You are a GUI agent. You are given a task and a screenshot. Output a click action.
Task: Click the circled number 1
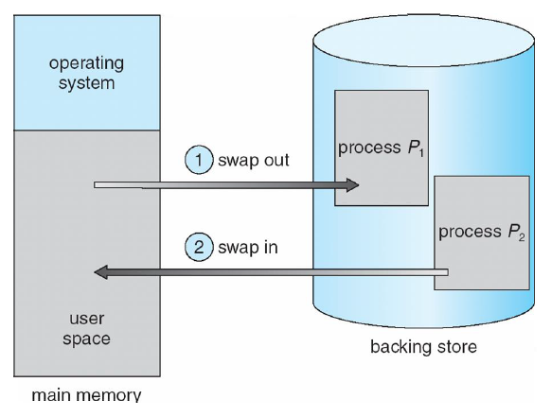(x=199, y=160)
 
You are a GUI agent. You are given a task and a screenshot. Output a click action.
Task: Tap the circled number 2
(x=199, y=247)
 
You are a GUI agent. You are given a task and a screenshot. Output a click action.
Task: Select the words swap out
(x=254, y=161)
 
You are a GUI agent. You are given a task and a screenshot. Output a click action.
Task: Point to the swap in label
(x=248, y=248)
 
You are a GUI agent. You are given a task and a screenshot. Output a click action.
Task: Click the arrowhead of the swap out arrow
(x=352, y=185)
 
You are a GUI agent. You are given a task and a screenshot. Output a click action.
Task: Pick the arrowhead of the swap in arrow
(x=101, y=272)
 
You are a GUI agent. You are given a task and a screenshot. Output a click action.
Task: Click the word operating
(x=86, y=64)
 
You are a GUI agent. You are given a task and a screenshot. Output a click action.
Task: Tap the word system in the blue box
(x=86, y=83)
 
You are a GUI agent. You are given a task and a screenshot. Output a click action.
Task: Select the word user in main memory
(x=87, y=319)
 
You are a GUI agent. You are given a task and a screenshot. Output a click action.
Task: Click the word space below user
(x=86, y=339)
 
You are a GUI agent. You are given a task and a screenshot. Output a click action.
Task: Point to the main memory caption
(x=86, y=395)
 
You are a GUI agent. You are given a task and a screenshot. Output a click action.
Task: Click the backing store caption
(x=423, y=347)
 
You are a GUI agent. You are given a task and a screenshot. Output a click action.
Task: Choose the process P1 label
(x=381, y=148)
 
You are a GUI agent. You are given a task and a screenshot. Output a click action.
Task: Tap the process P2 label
(x=482, y=232)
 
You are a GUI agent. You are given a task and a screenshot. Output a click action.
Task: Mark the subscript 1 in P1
(x=421, y=152)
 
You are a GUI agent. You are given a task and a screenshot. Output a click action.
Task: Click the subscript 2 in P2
(x=522, y=237)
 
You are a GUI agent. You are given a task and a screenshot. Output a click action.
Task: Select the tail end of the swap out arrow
(x=95, y=185)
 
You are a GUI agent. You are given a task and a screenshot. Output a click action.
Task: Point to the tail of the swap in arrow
(x=447, y=272)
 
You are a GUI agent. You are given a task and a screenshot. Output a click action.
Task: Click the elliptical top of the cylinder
(x=423, y=41)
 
